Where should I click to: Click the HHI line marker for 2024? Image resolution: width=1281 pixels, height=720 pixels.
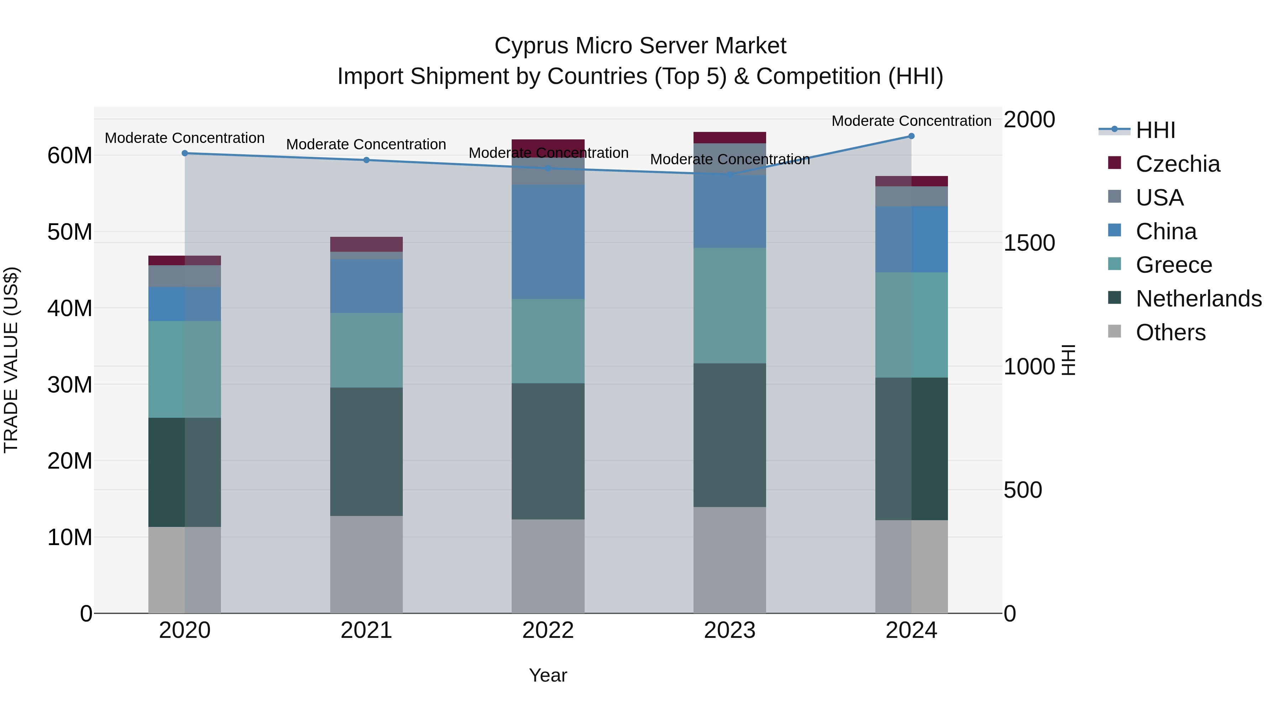[911, 136]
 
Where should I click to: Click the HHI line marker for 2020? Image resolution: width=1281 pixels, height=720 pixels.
[184, 154]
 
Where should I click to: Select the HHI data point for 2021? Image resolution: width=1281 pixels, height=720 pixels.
[366, 160]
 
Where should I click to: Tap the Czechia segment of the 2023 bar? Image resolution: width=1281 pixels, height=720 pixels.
[729, 138]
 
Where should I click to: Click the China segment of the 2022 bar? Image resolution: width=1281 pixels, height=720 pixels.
[548, 242]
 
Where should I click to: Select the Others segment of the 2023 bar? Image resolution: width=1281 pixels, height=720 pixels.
[729, 560]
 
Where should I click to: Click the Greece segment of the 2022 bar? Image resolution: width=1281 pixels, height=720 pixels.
[548, 341]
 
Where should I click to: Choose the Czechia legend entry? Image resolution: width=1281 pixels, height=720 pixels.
[1177, 164]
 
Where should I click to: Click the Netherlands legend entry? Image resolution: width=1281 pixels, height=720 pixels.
[1198, 299]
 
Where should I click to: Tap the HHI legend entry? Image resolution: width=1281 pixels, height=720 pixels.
[1155, 130]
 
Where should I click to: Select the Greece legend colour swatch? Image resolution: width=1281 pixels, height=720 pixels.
[1114, 264]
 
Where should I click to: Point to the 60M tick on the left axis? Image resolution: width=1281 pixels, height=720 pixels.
[70, 155]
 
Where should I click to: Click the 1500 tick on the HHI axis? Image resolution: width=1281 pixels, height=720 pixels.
[1028, 243]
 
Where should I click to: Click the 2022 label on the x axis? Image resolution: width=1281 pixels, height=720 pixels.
[548, 630]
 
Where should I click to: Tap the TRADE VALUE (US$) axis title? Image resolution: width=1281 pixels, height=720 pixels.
[11, 360]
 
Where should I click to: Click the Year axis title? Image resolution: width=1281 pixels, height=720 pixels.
[548, 675]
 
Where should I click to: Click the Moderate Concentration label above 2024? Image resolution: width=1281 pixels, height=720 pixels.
[911, 121]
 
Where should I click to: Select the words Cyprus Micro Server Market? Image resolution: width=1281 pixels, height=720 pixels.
[640, 46]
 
